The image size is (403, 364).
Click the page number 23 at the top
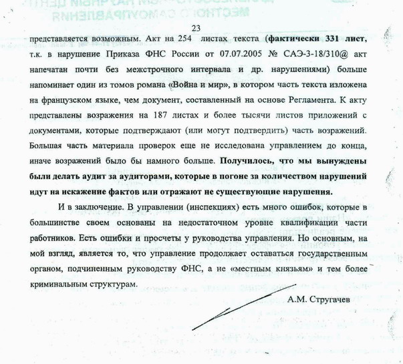pos(196,27)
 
